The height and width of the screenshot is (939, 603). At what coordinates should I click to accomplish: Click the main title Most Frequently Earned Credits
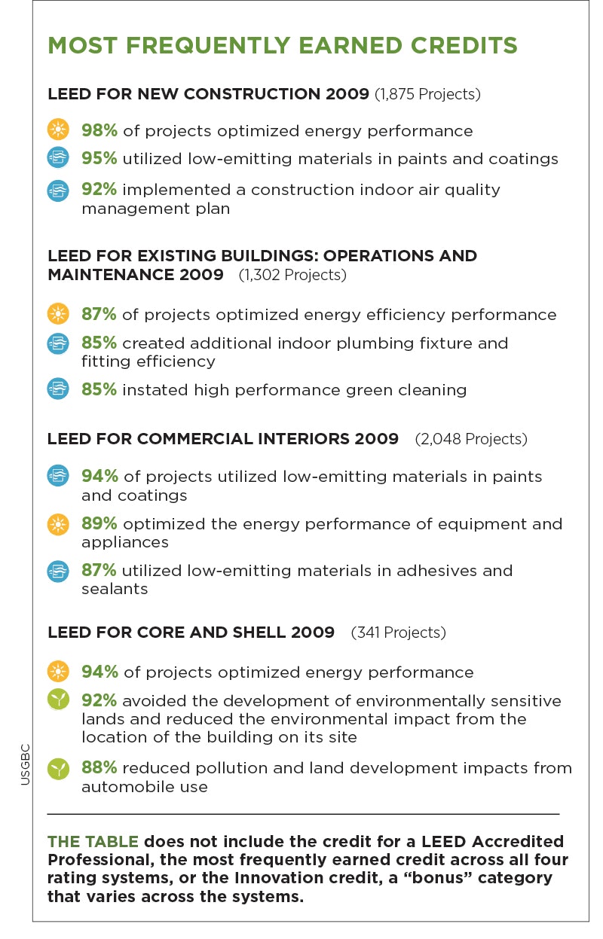coord(283,45)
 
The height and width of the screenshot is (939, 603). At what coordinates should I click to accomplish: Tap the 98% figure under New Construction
coord(99,130)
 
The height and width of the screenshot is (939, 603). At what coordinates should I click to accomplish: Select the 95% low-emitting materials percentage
coord(99,159)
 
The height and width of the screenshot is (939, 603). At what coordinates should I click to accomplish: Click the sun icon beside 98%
coord(58,130)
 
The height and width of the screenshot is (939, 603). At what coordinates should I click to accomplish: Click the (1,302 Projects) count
coord(292,275)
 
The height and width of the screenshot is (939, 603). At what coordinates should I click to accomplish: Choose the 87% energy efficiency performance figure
coord(99,314)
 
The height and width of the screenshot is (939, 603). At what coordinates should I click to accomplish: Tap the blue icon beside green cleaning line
coord(58,389)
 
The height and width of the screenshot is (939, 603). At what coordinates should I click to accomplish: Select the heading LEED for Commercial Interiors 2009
coord(223,438)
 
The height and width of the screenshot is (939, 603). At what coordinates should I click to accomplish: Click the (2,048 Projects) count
coord(471,438)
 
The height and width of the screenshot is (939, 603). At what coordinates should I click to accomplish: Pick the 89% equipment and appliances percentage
coord(99,523)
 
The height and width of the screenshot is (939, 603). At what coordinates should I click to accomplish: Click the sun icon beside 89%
coord(58,525)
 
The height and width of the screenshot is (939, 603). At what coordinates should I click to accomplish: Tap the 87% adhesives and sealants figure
coord(99,570)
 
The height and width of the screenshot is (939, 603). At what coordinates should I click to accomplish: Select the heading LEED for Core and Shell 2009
coord(191,632)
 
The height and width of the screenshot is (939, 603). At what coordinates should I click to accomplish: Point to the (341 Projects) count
coord(399,632)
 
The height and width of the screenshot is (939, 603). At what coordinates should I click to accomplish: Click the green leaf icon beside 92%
coord(58,701)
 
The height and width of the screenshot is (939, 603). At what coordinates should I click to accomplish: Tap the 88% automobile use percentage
coord(99,767)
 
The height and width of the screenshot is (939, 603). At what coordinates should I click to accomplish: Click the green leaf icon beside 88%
coord(58,769)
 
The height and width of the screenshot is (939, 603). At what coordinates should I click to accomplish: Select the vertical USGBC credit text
coord(24,764)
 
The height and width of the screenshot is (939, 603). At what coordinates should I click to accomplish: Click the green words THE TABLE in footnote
coord(93,841)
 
